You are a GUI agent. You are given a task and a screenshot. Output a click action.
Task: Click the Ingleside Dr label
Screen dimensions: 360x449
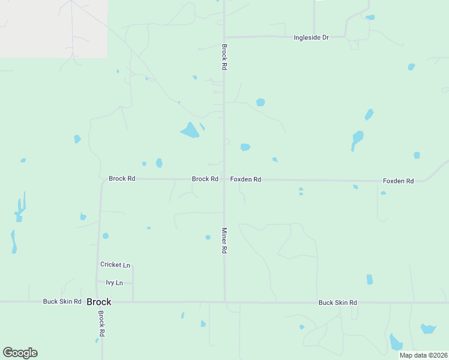point(311,37)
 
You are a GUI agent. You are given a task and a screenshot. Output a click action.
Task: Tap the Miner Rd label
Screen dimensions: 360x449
point(224,240)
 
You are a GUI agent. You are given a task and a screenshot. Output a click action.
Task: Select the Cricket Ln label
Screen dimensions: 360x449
point(115,265)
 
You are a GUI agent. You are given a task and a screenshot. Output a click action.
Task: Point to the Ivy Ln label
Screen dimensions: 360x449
point(114,283)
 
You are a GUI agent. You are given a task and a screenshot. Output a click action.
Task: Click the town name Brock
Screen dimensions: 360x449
point(99,302)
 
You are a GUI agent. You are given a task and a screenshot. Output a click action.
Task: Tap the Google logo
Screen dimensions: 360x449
point(20,353)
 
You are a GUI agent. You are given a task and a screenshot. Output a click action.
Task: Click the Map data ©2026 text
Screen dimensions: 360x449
point(423,355)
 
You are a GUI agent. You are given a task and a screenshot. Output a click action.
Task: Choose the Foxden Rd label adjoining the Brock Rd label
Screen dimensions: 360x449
point(246,179)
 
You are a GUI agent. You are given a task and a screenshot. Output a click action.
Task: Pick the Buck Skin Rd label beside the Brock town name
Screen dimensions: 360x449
point(62,301)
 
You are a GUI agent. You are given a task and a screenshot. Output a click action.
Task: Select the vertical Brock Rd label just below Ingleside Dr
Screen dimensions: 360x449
point(224,58)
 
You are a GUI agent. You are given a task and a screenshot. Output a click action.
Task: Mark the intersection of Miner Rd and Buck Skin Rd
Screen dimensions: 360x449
point(224,302)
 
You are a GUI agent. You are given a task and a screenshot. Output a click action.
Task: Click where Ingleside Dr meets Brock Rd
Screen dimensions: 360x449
point(224,37)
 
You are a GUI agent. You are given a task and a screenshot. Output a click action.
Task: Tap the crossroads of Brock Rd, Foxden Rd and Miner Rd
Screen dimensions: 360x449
point(224,179)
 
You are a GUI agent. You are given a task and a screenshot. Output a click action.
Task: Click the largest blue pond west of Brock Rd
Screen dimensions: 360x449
point(190,130)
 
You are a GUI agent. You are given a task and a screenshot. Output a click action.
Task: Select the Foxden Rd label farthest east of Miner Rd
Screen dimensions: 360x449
point(399,181)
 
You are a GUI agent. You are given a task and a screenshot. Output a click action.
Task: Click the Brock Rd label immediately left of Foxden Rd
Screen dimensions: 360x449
point(205,179)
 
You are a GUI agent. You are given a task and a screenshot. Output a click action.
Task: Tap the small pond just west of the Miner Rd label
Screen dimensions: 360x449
point(208,237)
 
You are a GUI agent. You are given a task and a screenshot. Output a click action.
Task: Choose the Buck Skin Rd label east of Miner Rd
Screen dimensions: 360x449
point(337,302)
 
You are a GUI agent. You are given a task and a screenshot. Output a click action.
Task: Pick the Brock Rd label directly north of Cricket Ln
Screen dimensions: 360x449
point(122,178)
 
